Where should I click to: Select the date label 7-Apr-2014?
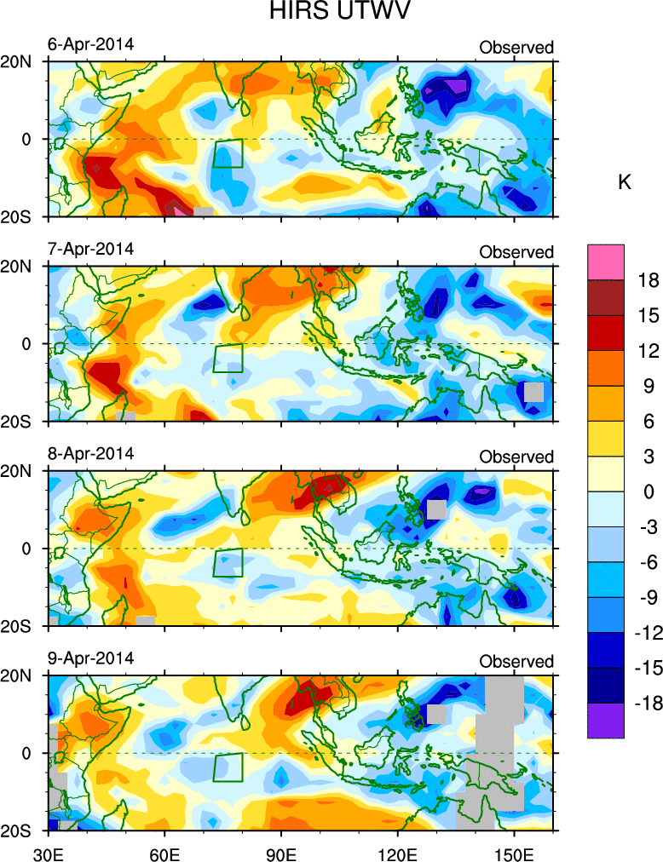click(x=90, y=249)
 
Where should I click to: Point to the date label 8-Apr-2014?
click(x=90, y=453)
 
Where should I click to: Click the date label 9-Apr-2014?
click(x=90, y=658)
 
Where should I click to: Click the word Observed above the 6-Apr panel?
click(x=516, y=48)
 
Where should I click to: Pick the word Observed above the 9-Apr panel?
click(x=516, y=662)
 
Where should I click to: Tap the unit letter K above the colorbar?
click(x=624, y=182)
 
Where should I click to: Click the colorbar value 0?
click(x=649, y=491)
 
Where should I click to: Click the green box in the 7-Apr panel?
click(x=228, y=358)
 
